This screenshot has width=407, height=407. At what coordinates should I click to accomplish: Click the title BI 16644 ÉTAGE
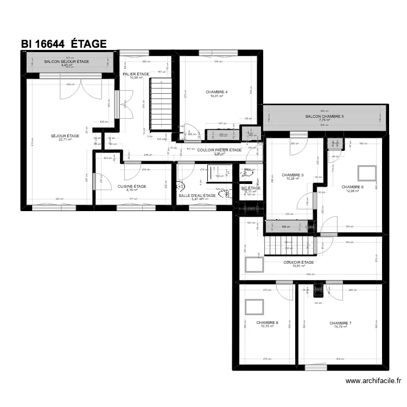63,44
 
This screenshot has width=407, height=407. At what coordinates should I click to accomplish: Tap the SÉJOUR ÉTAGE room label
65,136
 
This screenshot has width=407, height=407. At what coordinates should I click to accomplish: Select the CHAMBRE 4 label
217,92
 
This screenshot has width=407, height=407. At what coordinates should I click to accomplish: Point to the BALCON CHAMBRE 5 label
325,116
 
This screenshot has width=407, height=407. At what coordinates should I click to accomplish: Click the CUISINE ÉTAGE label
132,186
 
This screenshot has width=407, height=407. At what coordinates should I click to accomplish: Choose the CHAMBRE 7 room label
340,323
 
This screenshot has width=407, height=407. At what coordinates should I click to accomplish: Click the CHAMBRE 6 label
352,187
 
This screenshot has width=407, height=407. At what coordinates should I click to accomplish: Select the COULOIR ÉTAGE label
298,262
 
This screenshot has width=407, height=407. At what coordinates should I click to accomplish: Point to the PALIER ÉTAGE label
136,74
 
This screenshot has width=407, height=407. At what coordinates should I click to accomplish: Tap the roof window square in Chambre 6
366,172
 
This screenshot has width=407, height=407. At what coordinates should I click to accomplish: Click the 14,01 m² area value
217,96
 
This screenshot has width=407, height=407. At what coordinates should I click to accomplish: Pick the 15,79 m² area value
340,327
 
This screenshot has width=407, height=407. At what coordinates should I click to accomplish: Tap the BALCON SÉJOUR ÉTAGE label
67,62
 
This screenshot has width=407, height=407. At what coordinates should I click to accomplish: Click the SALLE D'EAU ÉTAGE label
197,195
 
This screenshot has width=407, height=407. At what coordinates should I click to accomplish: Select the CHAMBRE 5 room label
293,175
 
